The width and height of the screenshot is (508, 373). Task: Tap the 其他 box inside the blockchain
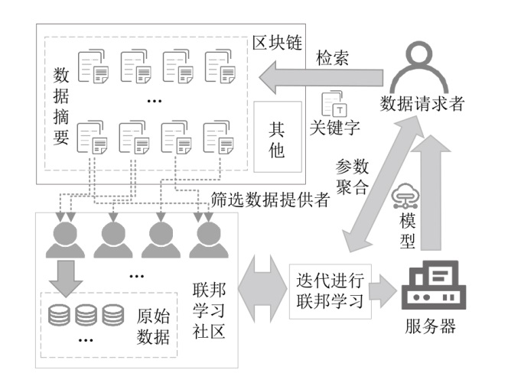[x=276, y=141]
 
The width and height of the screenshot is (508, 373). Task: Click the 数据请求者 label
[x=423, y=105]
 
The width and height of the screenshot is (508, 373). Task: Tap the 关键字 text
[x=335, y=126]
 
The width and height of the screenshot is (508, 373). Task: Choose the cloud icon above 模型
[x=403, y=198]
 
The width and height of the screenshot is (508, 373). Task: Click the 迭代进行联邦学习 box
[x=331, y=285]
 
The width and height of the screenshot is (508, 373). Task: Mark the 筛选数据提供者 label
[x=269, y=199]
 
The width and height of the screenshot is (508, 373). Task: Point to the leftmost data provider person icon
[x=64, y=238]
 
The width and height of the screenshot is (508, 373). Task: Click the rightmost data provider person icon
[x=209, y=238]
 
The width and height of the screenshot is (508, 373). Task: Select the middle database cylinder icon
[x=86, y=314]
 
